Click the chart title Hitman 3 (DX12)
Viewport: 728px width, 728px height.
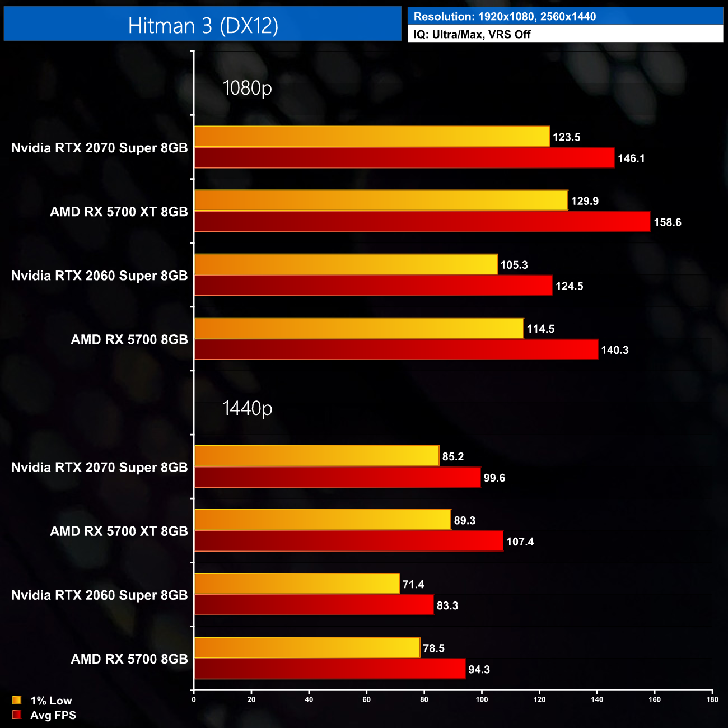point(203,26)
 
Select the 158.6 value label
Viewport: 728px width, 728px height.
point(667,222)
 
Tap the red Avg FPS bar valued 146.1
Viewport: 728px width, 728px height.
point(404,158)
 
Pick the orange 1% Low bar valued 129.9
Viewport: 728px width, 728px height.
point(381,200)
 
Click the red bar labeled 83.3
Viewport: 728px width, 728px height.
point(314,605)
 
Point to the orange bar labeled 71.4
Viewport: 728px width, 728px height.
point(297,584)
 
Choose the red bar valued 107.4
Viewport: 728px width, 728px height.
point(348,542)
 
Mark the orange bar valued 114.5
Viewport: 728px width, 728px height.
point(359,328)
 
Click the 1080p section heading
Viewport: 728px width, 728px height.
point(247,88)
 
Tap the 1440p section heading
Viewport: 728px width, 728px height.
point(247,408)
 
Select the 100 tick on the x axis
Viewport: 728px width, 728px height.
point(482,699)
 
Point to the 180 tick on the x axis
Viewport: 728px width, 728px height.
point(712,699)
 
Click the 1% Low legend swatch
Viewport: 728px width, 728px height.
point(17,700)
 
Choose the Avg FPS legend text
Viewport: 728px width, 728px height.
point(53,715)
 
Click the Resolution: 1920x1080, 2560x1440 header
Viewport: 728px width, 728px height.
point(505,17)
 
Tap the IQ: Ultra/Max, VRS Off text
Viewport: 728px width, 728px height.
point(472,34)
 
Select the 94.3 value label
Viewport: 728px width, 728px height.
point(479,669)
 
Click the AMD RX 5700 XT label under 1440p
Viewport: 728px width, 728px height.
point(119,531)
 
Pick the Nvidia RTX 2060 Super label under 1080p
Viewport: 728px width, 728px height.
point(100,276)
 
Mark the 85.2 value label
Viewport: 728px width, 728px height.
point(452,456)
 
